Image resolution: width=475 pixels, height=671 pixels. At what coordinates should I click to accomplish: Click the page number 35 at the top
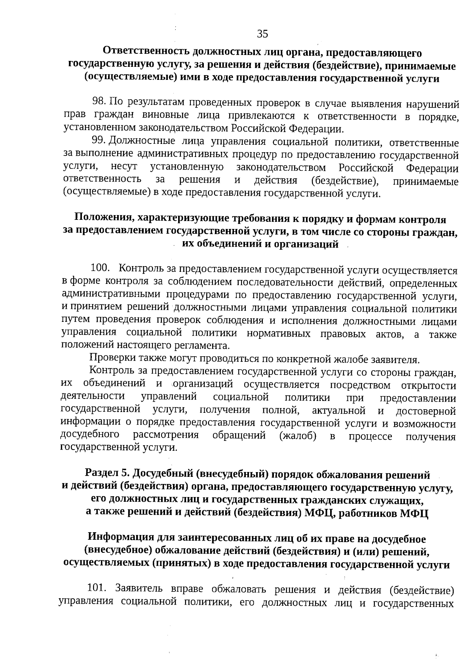click(262, 34)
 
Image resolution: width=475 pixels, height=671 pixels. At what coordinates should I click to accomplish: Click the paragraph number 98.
click(98, 102)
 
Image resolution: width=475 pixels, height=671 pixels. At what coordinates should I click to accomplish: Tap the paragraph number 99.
click(97, 140)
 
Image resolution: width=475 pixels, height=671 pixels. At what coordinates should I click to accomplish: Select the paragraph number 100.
click(100, 268)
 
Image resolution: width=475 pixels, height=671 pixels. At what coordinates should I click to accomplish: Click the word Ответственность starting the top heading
click(146, 52)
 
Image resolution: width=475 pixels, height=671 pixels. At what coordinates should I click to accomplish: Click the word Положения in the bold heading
click(104, 218)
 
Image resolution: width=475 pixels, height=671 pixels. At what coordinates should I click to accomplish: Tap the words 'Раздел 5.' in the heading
click(107, 473)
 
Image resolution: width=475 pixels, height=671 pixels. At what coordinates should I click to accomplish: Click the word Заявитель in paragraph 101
click(139, 588)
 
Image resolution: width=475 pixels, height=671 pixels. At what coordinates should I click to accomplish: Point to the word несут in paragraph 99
click(123, 167)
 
